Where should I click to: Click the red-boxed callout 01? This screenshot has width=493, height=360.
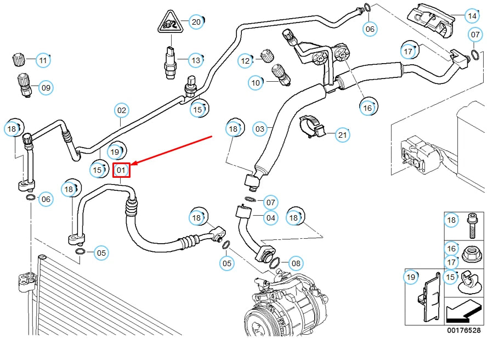[121, 170]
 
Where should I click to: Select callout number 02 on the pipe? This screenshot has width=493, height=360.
[121, 110]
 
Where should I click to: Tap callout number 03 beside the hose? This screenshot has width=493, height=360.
[260, 130]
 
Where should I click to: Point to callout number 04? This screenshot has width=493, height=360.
[271, 218]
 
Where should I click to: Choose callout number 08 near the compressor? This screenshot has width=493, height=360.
[296, 263]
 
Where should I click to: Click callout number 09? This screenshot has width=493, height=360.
[46, 87]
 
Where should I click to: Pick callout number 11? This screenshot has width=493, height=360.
[43, 60]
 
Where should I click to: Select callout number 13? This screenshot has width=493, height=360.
[195, 59]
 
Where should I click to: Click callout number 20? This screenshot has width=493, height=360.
[196, 22]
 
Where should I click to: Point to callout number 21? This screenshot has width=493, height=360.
[342, 134]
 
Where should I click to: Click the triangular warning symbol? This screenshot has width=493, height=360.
[171, 22]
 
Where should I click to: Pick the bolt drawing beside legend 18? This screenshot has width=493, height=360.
[471, 225]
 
